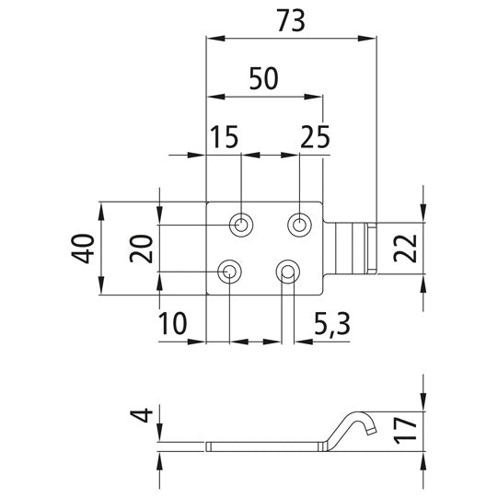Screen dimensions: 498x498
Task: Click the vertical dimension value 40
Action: point(86,248)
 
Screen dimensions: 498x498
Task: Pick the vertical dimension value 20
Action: point(141,248)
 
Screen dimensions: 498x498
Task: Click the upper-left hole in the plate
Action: point(241,224)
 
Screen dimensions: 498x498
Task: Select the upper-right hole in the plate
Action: point(299,224)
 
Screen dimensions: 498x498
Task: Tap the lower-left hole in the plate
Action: point(229,272)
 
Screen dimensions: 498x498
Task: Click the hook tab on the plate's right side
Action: point(353,248)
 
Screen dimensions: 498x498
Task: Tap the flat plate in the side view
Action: point(267,447)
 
